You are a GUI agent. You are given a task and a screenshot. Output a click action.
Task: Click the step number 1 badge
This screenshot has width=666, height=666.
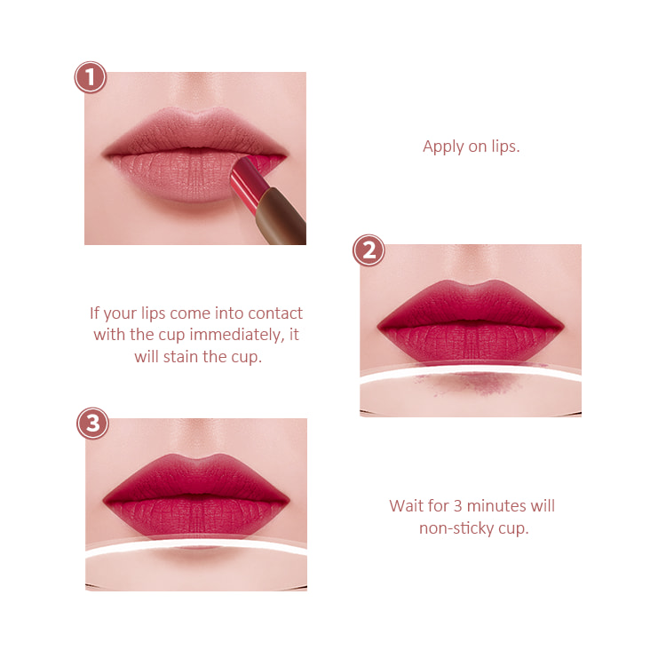(90, 77)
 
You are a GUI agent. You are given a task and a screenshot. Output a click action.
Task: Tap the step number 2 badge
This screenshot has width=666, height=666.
(369, 250)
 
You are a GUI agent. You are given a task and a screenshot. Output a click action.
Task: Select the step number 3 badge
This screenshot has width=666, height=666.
(92, 424)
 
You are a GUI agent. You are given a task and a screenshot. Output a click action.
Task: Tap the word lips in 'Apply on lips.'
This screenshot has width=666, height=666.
(505, 147)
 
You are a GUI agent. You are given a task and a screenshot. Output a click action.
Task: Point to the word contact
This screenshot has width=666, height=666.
(275, 313)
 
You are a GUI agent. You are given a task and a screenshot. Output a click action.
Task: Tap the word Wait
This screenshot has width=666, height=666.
(407, 506)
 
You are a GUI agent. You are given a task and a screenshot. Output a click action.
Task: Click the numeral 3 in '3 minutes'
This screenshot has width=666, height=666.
(457, 506)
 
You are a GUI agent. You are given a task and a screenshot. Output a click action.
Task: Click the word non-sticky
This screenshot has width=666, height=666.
(456, 529)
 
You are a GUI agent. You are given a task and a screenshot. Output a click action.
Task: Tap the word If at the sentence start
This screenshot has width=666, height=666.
(94, 313)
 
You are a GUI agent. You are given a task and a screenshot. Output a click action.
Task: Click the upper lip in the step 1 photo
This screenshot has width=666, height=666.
(195, 131)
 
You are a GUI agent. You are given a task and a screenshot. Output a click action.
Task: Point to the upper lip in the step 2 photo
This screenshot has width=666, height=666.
(471, 304)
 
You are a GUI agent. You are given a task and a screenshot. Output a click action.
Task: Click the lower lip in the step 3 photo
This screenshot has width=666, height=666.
(196, 520)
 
